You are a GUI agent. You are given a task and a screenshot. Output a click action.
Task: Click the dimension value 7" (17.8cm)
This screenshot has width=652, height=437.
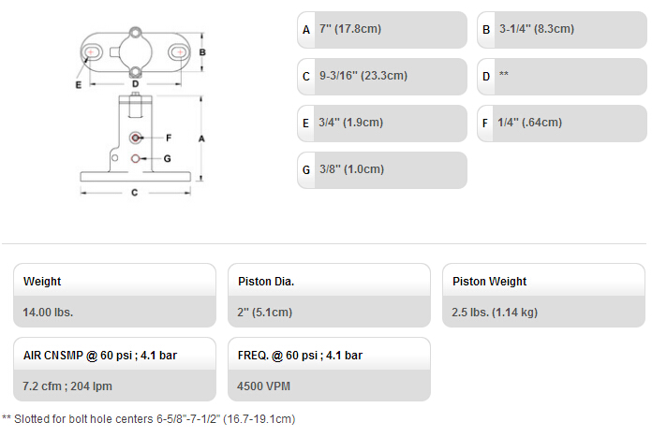coord(350,29)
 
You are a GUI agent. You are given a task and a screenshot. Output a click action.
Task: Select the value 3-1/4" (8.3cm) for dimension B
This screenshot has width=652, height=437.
coord(537,29)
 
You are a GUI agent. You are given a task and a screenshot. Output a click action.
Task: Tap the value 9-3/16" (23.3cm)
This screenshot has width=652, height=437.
coord(363,76)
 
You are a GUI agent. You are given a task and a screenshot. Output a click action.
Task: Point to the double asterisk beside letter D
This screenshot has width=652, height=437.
coord(504,74)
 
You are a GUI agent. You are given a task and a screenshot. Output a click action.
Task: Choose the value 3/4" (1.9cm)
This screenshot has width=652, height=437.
coord(351,123)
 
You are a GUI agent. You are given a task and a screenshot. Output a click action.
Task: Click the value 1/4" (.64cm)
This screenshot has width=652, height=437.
coord(530,123)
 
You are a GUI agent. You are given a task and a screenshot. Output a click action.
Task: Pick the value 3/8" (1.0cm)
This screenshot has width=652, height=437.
coord(351,169)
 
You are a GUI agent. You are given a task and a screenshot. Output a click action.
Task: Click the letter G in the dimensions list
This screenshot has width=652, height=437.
coord(306,170)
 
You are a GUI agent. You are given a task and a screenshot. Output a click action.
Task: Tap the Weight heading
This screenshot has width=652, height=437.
coord(42,282)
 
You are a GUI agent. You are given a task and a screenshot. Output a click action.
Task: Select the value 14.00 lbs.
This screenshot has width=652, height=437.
coord(48,313)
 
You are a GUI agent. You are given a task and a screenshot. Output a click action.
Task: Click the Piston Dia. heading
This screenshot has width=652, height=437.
coord(266,282)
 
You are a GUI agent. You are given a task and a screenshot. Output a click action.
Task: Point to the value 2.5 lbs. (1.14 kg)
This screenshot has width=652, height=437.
coord(495,313)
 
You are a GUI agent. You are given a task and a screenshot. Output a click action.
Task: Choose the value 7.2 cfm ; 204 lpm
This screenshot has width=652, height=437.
coord(67,386)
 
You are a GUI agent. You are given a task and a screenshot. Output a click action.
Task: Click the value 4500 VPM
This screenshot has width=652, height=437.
coord(263,386)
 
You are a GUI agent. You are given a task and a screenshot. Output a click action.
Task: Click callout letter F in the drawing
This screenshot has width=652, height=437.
coord(169,138)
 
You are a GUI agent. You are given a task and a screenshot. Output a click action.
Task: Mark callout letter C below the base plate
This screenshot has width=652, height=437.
coord(134,193)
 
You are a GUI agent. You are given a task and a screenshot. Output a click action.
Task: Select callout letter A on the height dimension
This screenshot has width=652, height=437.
coord(201,138)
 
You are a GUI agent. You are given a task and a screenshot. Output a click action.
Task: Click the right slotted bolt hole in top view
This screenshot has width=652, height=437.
coord(179,52)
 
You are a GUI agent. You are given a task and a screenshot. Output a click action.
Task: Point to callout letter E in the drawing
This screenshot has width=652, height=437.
coord(78,85)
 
